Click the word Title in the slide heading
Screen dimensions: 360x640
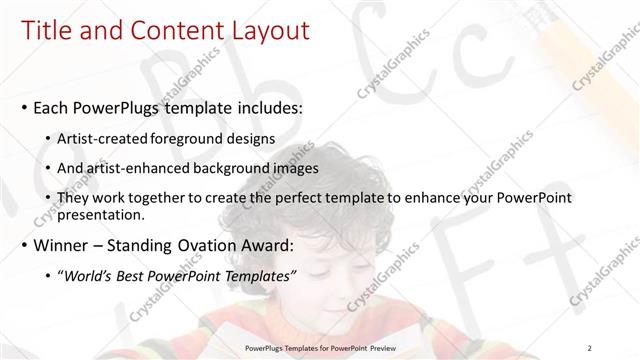[x=45, y=31]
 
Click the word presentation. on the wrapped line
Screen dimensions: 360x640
[x=103, y=214]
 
